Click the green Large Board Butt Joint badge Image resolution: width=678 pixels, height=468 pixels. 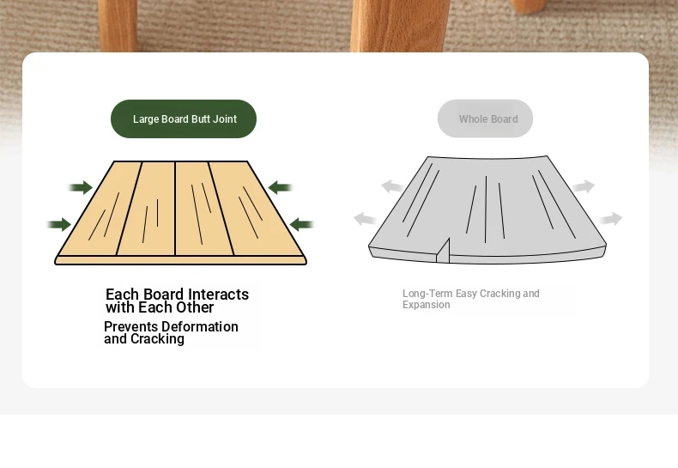click(x=184, y=119)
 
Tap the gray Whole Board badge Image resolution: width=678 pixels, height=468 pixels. click(x=485, y=119)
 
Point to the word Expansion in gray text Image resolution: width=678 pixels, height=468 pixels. click(x=427, y=305)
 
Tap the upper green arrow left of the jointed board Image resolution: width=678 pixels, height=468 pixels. click(x=81, y=187)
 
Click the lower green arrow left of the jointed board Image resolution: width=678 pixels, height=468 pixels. click(x=59, y=224)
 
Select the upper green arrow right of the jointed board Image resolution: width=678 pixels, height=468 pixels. click(x=280, y=187)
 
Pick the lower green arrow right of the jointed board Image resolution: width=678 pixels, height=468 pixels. click(x=301, y=224)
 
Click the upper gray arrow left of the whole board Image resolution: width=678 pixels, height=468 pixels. click(x=392, y=186)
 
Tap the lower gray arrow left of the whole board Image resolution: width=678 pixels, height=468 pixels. click(x=366, y=219)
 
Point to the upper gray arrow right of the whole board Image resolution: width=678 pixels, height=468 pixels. click(x=583, y=186)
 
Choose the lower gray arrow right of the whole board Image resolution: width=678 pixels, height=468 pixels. click(x=610, y=219)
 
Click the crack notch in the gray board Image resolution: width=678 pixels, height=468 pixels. click(x=443, y=251)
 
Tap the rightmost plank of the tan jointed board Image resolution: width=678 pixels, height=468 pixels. click(x=255, y=210)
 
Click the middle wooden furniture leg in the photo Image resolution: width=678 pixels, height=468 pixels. click(x=398, y=26)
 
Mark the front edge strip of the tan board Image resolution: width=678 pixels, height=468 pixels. click(x=181, y=260)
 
